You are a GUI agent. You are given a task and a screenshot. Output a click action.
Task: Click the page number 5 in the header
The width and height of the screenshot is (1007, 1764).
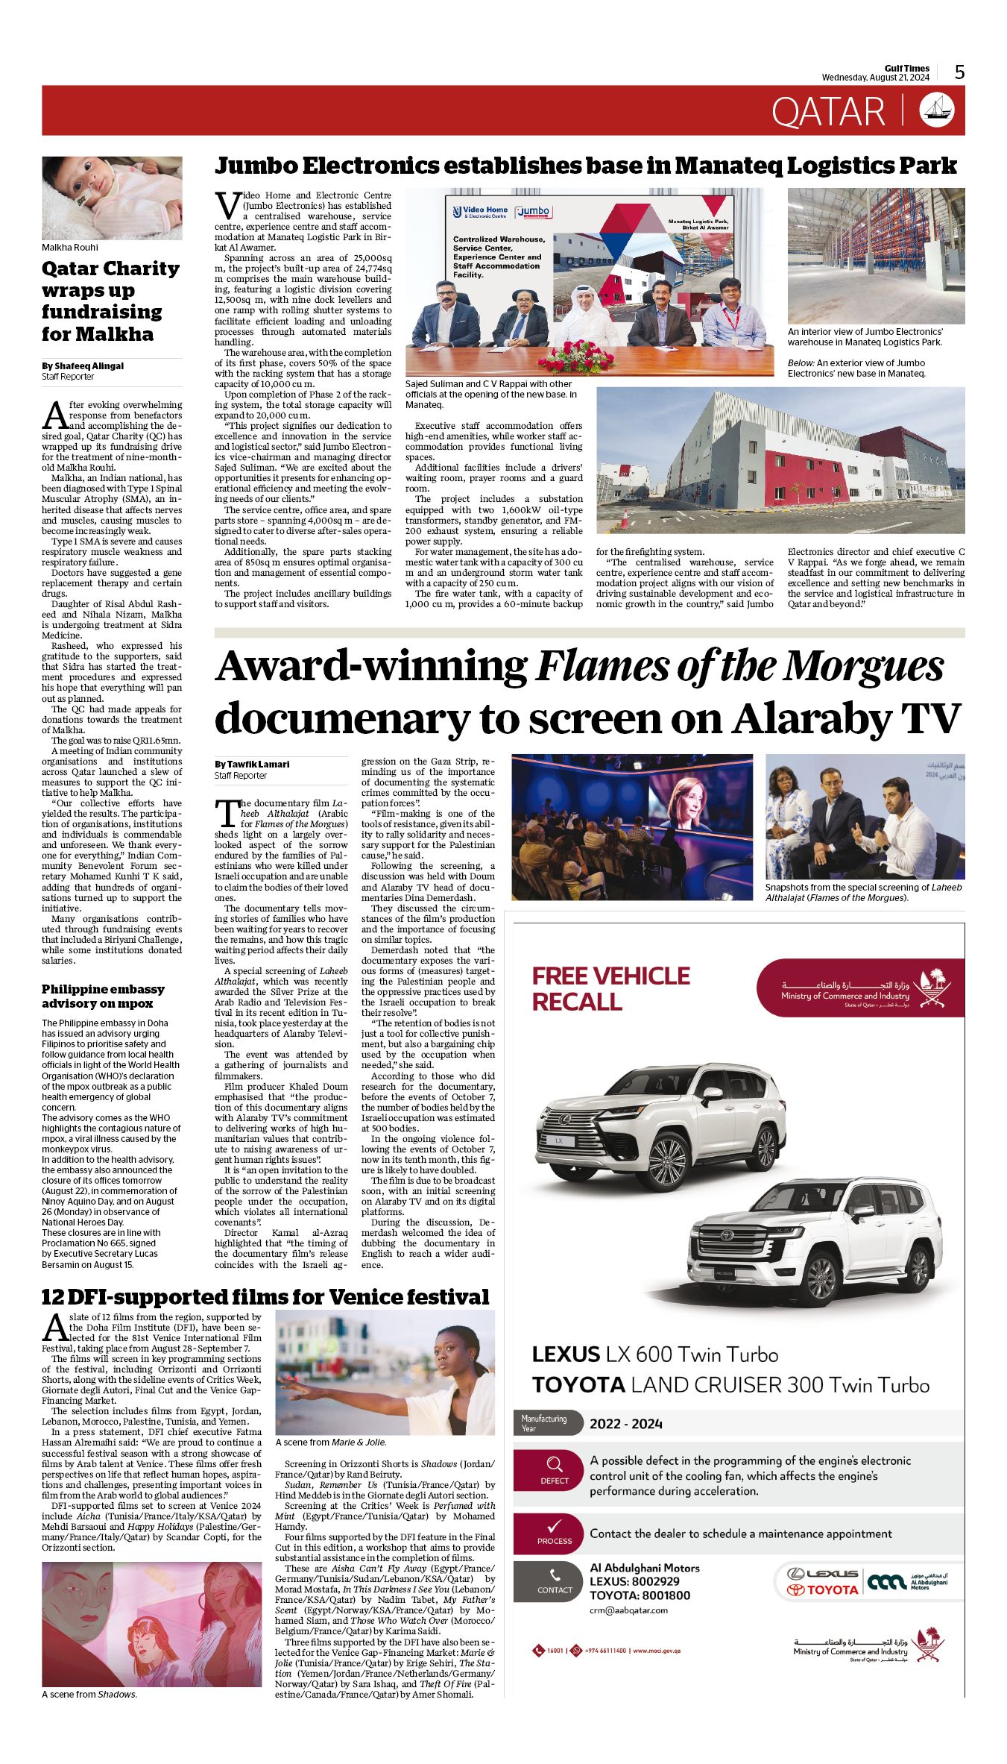[x=959, y=72]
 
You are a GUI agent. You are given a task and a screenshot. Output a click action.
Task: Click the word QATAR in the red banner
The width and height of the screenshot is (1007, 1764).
[x=827, y=112]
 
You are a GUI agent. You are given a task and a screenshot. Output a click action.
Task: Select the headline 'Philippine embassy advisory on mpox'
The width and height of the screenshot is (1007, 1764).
[x=103, y=996]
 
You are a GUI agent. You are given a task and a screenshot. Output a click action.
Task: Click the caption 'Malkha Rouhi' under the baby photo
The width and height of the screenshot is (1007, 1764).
[x=69, y=248]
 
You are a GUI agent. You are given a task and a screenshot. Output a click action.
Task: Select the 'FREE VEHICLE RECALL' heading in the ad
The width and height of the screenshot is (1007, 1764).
[x=610, y=988]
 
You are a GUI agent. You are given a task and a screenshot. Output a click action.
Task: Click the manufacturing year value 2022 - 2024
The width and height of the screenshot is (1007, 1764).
[x=625, y=1424]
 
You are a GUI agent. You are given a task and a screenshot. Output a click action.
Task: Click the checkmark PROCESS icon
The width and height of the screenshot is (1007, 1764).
[x=554, y=1526]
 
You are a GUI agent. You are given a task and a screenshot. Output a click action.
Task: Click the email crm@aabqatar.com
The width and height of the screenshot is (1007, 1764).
[x=628, y=1610]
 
